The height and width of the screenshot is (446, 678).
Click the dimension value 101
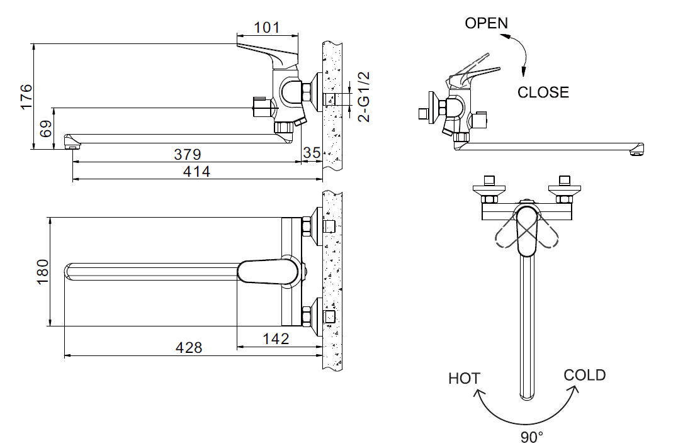(x=266, y=28)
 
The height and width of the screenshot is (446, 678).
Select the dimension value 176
(x=25, y=97)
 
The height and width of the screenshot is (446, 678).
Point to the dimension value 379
(x=187, y=154)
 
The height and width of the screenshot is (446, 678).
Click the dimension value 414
(x=197, y=172)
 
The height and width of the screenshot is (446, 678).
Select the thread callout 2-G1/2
(x=364, y=96)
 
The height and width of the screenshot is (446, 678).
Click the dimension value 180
(x=42, y=272)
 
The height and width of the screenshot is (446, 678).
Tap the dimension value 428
(x=189, y=347)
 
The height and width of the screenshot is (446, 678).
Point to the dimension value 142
(x=276, y=338)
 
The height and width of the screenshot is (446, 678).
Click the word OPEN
(x=486, y=23)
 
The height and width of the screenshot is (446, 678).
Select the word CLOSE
(x=543, y=92)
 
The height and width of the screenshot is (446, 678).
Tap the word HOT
(x=464, y=379)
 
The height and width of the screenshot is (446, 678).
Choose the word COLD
(x=584, y=376)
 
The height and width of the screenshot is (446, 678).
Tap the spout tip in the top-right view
(x=637, y=150)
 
